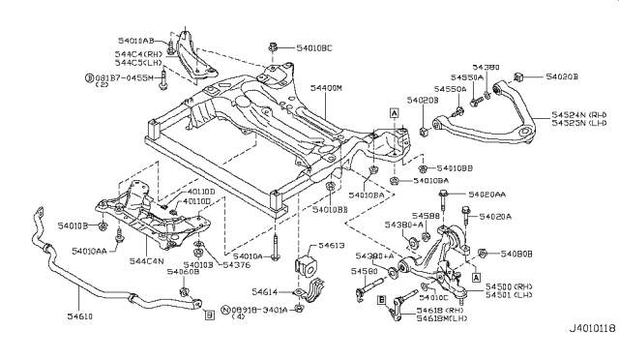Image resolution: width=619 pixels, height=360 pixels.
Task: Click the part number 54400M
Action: pos(327,88)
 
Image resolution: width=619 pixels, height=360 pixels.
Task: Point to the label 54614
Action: pos(264,290)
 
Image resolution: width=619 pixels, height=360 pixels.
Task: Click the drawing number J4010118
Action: pos(584,352)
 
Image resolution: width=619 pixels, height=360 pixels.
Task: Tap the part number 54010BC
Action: pos(312,46)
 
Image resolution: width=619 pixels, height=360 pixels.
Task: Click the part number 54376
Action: pos(234,264)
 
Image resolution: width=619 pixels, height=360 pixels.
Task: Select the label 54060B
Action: pos(181,274)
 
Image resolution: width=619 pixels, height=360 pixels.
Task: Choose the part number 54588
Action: pos(426,214)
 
